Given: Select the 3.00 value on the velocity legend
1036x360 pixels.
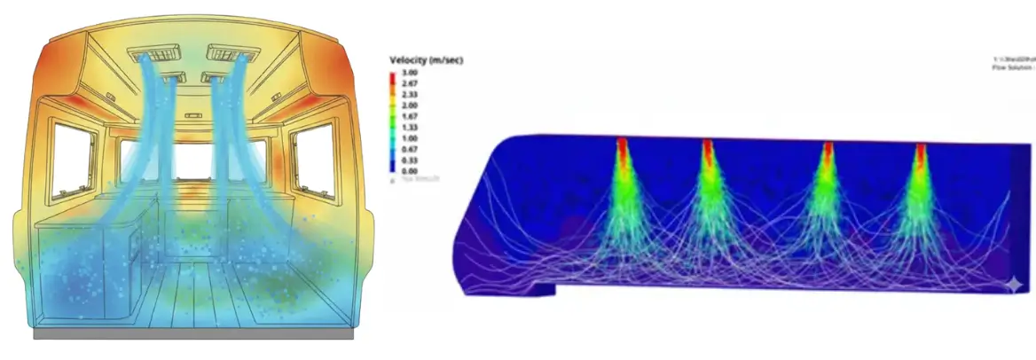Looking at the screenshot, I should (x=410, y=72).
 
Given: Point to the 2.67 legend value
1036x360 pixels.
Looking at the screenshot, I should (x=410, y=82).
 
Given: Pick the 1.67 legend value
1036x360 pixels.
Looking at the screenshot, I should (x=410, y=116).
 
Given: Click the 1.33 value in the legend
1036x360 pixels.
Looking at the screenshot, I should (x=410, y=127).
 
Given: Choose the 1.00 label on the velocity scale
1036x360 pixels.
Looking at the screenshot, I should (x=410, y=138).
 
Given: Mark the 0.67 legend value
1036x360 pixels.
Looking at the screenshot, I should (x=410, y=149).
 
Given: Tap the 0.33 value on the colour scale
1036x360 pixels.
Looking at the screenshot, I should (x=410, y=160).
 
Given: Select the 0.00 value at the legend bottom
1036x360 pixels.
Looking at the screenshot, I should (x=410, y=170).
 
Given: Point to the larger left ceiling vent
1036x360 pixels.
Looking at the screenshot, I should (x=156, y=54).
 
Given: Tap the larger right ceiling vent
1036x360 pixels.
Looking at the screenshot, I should (x=232, y=54).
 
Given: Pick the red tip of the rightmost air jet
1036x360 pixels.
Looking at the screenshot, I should (x=921, y=153).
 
